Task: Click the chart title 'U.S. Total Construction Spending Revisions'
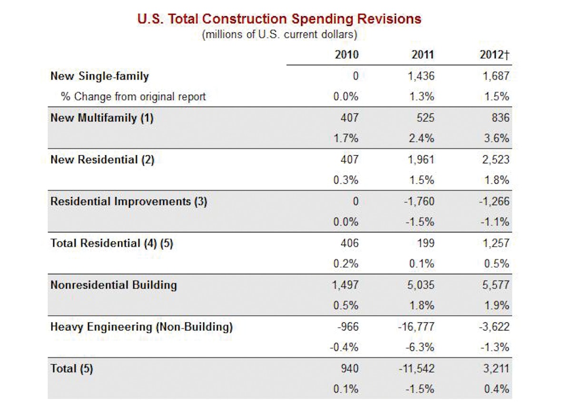[x=279, y=19]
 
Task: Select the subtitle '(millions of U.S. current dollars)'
[x=279, y=35]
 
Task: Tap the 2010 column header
[x=346, y=55]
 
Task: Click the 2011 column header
[x=423, y=55]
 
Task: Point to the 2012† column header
[x=495, y=55]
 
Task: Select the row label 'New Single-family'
[x=99, y=76]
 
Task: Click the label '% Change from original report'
[x=133, y=97]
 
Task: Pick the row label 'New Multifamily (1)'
[x=102, y=118]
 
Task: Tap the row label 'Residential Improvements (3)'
[x=128, y=201]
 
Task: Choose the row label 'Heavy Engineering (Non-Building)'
[x=141, y=327]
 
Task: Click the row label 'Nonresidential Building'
[x=113, y=285]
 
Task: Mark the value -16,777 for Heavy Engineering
[x=416, y=327]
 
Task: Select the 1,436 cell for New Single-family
[x=421, y=76]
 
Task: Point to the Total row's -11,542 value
[x=416, y=369]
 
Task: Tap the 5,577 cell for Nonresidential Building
[x=496, y=285]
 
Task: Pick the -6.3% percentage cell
[x=421, y=347]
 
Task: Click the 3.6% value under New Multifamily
[x=498, y=138]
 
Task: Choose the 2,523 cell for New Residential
[x=496, y=160]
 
